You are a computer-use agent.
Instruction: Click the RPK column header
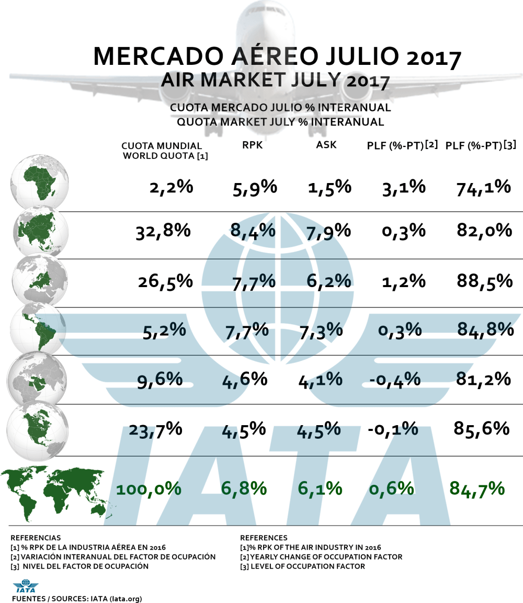coord(252,146)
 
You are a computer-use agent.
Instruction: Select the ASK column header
coord(326,145)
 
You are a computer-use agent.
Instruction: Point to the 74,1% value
coord(483,187)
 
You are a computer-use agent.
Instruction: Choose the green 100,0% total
coord(149,489)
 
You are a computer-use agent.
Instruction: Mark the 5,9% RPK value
coord(254,187)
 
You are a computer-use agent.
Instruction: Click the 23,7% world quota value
coord(155,429)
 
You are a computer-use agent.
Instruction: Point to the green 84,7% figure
coord(477,489)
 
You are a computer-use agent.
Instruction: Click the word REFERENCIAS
coord(36,538)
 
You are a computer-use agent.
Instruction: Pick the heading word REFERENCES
coord(264,538)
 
